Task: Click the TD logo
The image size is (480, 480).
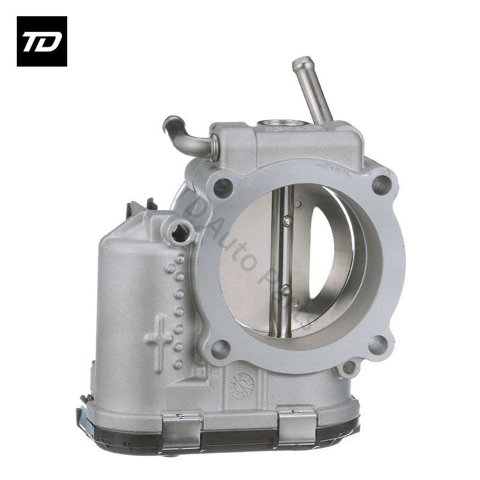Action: pyautogui.click(x=42, y=41)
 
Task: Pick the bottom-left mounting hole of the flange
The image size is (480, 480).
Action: pyautogui.click(x=221, y=347)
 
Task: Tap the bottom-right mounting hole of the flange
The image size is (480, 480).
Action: pyautogui.click(x=377, y=344)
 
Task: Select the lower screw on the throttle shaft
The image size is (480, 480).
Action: pyautogui.click(x=286, y=290)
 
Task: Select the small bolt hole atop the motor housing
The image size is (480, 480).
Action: pyautogui.click(x=179, y=232)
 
